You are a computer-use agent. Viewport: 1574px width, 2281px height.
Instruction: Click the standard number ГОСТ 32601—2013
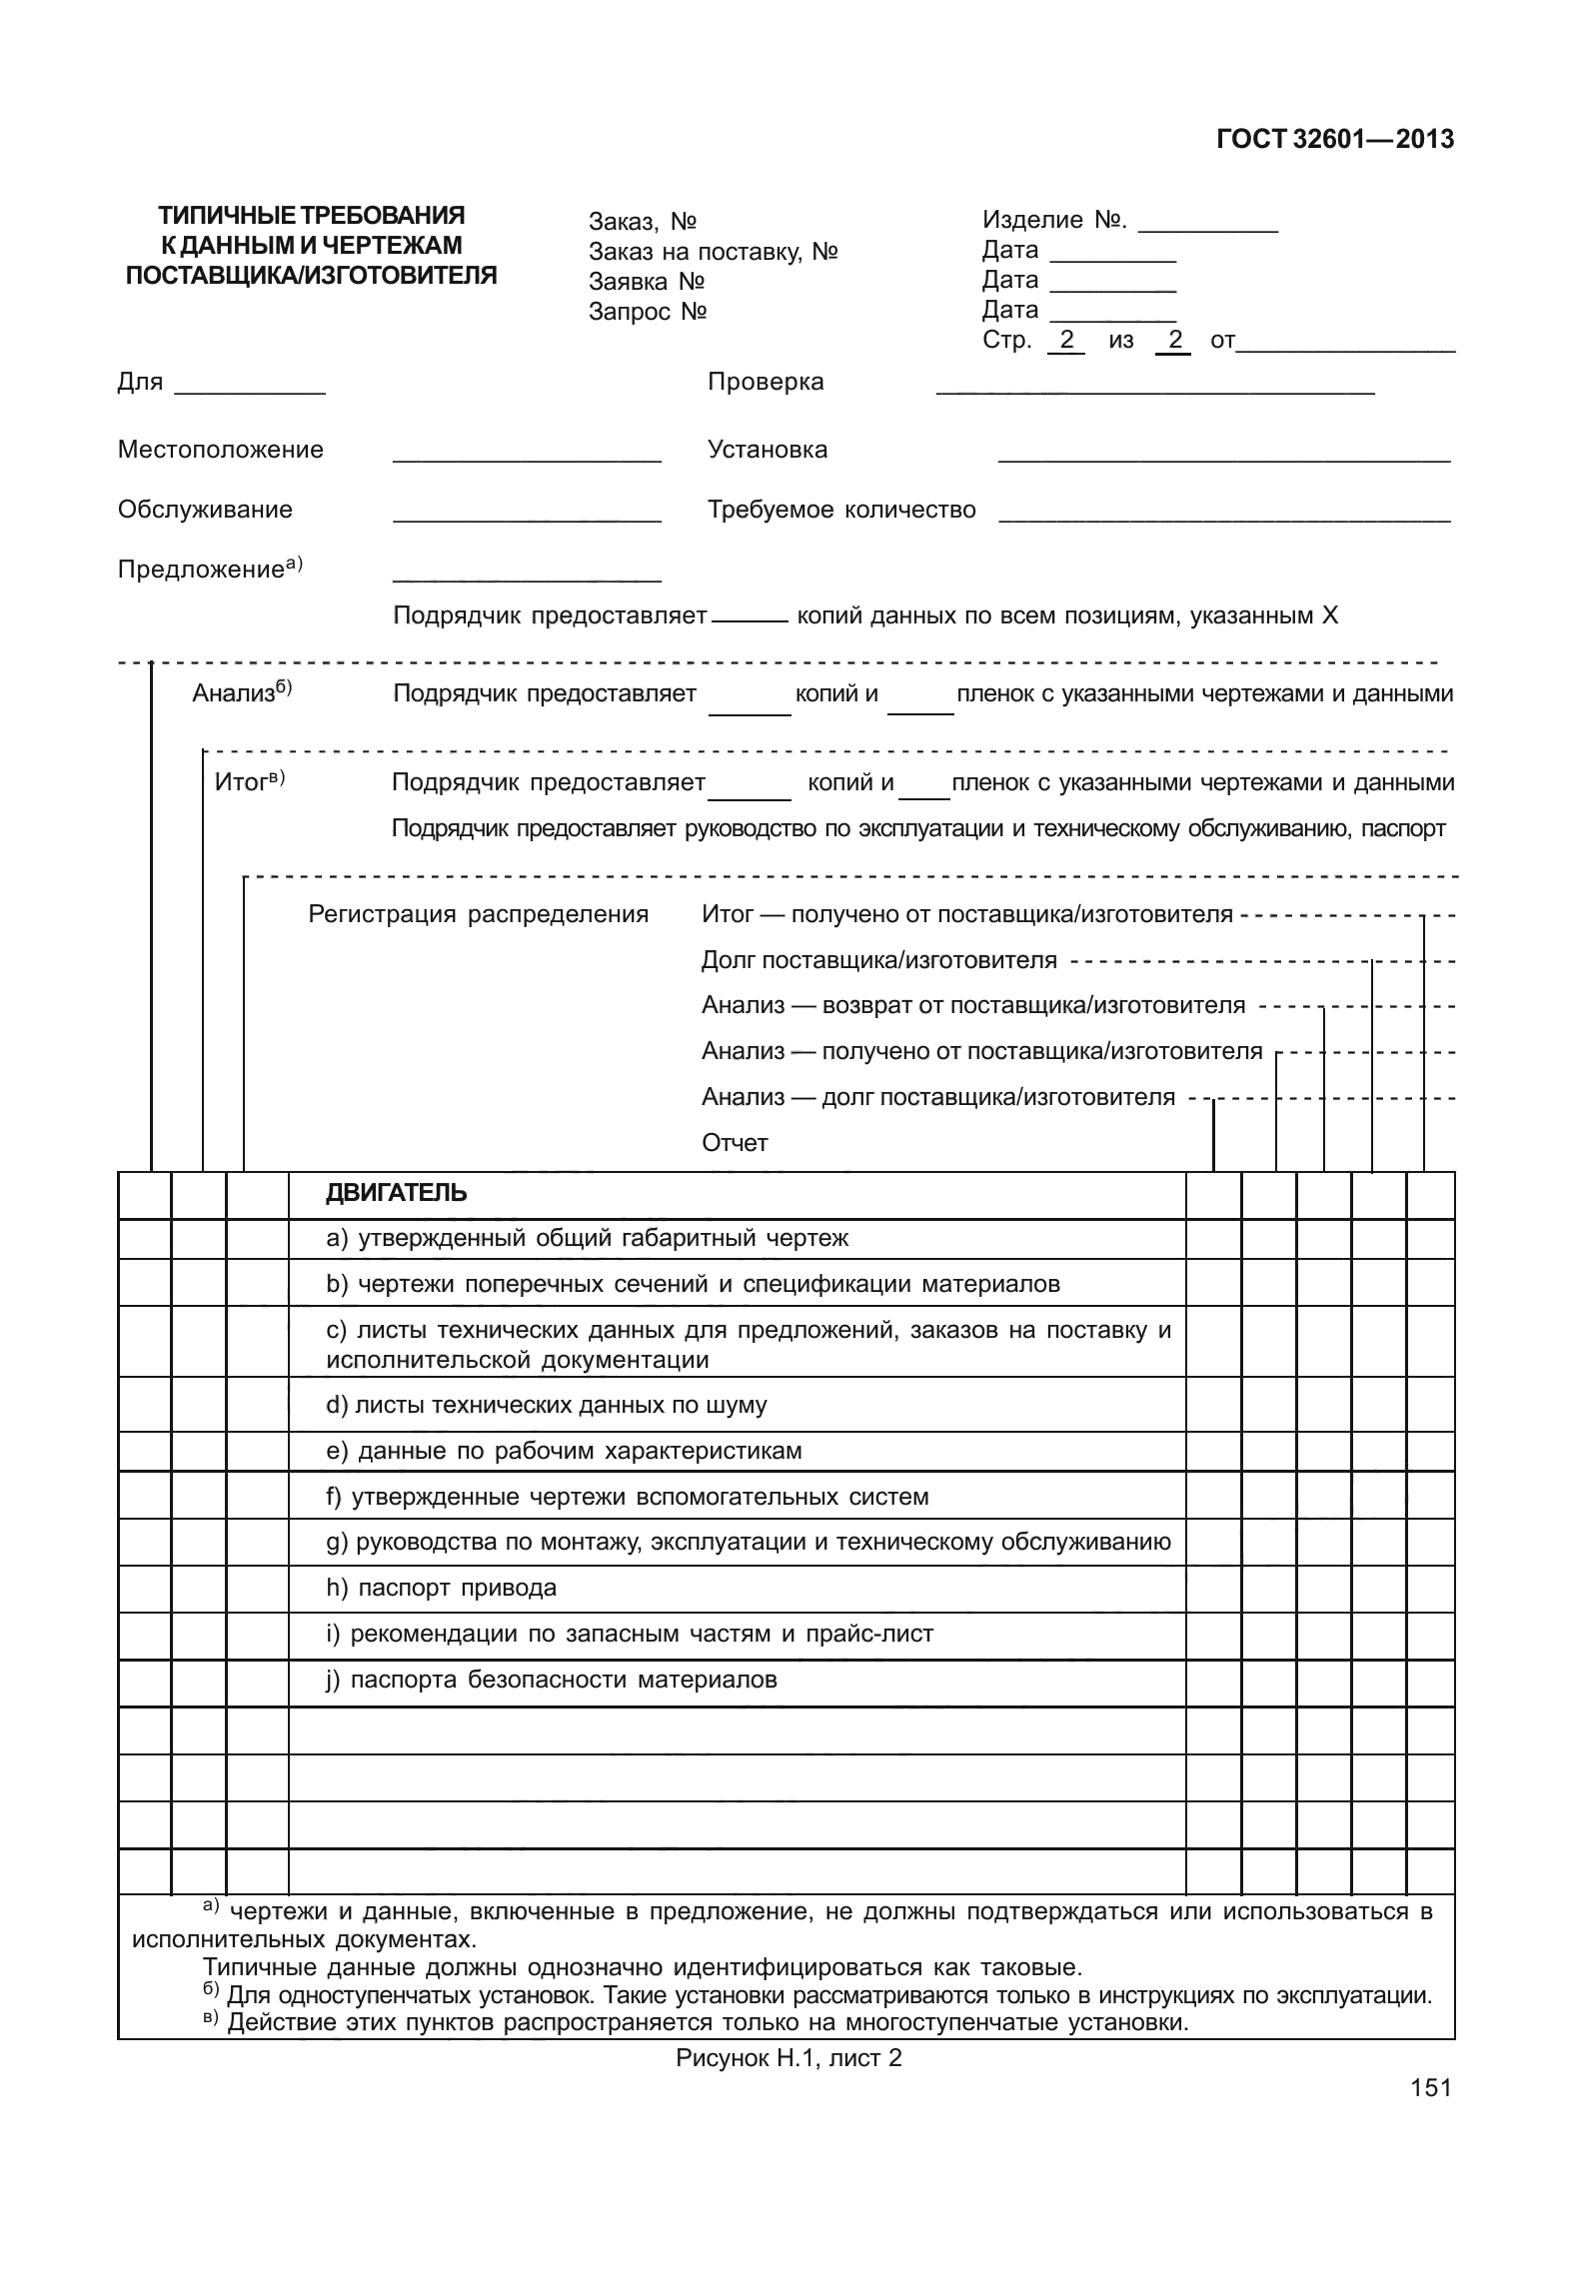(x=1334, y=140)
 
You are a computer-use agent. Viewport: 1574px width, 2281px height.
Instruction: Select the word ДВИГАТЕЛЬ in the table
(x=396, y=1193)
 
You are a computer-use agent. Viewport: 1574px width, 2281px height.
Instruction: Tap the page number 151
(x=1430, y=2087)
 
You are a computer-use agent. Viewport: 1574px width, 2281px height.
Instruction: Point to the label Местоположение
(x=220, y=450)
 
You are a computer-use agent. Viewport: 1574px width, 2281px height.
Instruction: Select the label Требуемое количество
(x=841, y=510)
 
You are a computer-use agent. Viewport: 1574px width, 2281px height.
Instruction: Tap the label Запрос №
(x=648, y=312)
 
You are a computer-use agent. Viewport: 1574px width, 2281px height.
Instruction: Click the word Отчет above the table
(x=735, y=1143)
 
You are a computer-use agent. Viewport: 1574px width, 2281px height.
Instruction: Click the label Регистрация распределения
(x=478, y=914)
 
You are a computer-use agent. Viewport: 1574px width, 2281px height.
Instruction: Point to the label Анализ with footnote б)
(x=241, y=692)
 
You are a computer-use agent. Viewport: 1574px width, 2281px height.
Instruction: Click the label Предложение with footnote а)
(x=209, y=570)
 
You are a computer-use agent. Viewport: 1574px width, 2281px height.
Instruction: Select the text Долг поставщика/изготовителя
(x=878, y=960)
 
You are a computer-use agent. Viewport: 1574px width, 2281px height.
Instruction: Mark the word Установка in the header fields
(x=767, y=450)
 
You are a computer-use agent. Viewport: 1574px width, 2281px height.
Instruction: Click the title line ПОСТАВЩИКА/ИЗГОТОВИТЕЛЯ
(x=311, y=275)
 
